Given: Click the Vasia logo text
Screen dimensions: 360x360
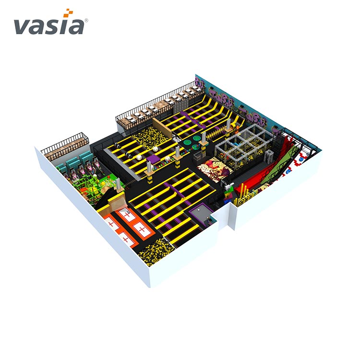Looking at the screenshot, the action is coord(49,26).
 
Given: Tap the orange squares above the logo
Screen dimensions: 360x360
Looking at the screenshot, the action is coord(69,13).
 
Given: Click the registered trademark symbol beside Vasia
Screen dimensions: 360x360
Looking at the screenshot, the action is coord(86,21).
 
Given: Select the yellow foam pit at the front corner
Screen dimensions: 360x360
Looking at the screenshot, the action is coord(156,252).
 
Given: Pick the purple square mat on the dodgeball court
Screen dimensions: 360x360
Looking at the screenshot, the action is coord(153,159).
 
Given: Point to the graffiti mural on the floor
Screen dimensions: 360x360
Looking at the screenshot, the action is coord(214,170).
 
